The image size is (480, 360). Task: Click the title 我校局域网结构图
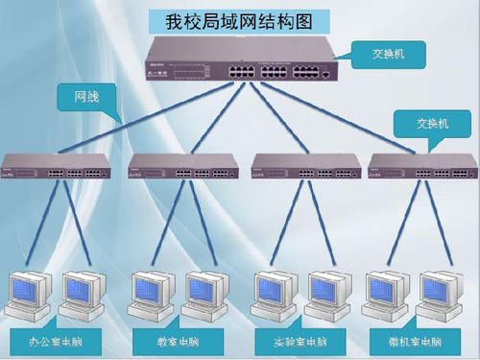point(240,20)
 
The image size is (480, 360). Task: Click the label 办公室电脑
point(56,342)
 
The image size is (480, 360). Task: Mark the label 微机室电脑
point(416,342)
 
